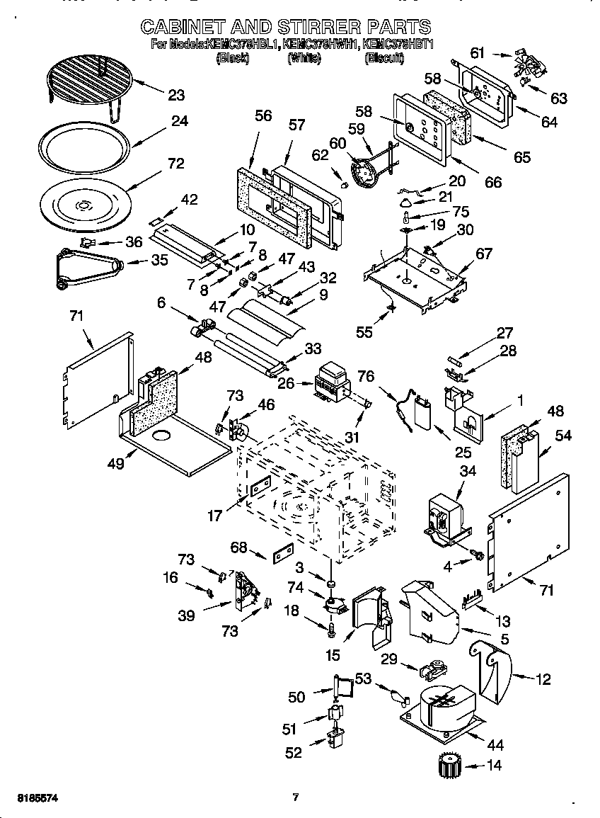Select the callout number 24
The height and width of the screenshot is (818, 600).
click(x=179, y=121)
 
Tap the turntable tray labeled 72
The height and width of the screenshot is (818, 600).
click(x=83, y=205)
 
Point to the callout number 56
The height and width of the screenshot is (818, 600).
click(x=262, y=115)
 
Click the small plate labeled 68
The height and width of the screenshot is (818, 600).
click(x=283, y=552)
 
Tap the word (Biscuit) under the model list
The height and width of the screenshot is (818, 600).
click(x=384, y=59)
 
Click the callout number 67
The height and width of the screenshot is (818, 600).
click(x=484, y=254)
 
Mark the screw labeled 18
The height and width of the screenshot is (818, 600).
click(x=330, y=627)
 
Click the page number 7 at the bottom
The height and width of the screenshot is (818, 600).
click(x=296, y=797)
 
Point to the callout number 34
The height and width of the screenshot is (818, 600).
click(x=468, y=471)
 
